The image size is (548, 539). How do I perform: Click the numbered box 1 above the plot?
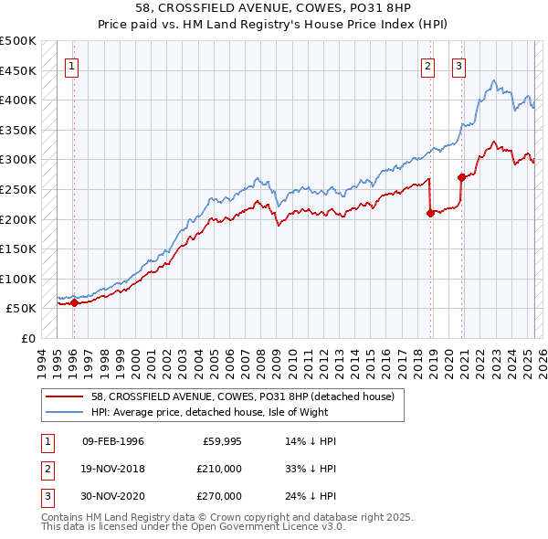coord(71,66)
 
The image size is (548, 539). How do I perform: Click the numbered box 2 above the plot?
coord(427,66)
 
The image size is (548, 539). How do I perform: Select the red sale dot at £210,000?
coord(430,213)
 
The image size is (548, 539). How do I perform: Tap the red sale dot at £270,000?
coord(462,177)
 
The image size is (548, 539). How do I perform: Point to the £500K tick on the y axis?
coord(18,41)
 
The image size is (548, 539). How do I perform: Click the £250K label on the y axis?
coord(18,189)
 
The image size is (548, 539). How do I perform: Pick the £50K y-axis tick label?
coord(22,309)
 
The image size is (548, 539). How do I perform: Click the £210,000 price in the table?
coord(220,469)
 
